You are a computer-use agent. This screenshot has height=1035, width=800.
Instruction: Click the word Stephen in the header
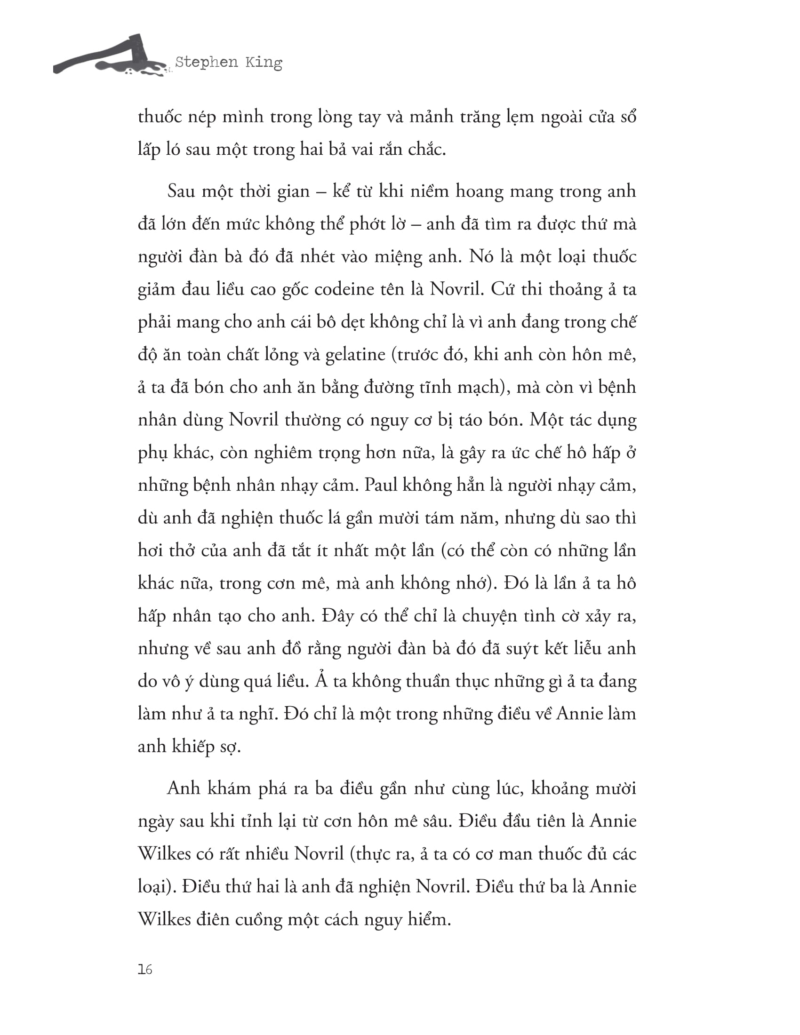click(x=206, y=62)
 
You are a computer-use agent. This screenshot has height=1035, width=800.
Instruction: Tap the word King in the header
click(x=264, y=62)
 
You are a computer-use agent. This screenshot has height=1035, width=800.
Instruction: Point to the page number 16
click(x=145, y=969)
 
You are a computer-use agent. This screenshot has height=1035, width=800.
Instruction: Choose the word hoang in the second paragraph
click(x=479, y=191)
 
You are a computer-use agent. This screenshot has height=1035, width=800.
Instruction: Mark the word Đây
click(x=337, y=616)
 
